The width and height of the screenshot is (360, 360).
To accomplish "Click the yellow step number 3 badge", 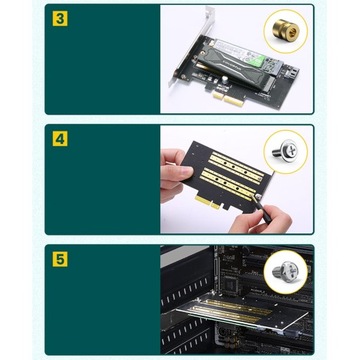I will [x=60, y=18].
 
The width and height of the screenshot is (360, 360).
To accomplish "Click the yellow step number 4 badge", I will [x=60, y=138].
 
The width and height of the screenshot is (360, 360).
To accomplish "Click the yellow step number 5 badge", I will [x=60, y=259].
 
